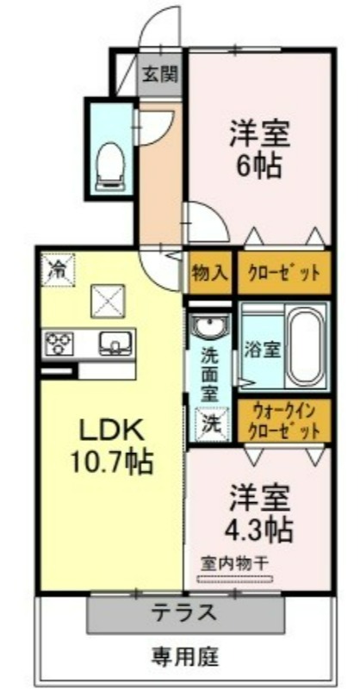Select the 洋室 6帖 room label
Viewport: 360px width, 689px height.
pos(260,149)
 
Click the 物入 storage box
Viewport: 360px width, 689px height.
pos(209,273)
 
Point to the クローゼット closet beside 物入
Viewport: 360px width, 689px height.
pos(284,273)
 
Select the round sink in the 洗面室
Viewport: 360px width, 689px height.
pos(209,327)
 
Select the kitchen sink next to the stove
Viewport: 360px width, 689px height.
pos(115,343)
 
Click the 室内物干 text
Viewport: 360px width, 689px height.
pos(235,563)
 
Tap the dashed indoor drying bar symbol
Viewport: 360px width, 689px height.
pos(235,579)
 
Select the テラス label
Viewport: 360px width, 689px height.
pos(184,611)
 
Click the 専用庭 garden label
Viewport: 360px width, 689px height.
pos(185,657)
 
